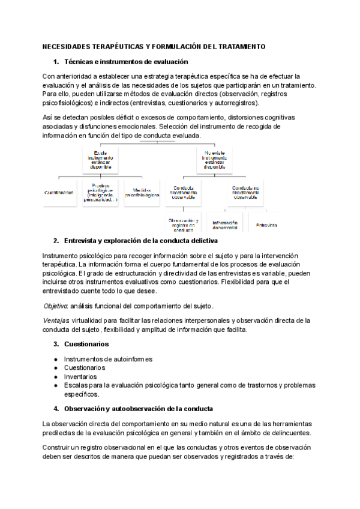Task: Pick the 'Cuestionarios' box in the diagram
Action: (x=59, y=193)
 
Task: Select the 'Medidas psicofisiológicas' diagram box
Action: (x=142, y=193)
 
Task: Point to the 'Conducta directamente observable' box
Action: (x=182, y=192)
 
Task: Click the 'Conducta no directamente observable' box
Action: (x=246, y=192)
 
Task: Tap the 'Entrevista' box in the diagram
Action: (x=266, y=225)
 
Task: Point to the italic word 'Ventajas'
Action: (x=56, y=321)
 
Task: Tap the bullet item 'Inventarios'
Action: (x=81, y=376)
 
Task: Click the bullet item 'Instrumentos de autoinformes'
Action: (x=108, y=359)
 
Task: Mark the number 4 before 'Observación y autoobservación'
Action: (x=56, y=408)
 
